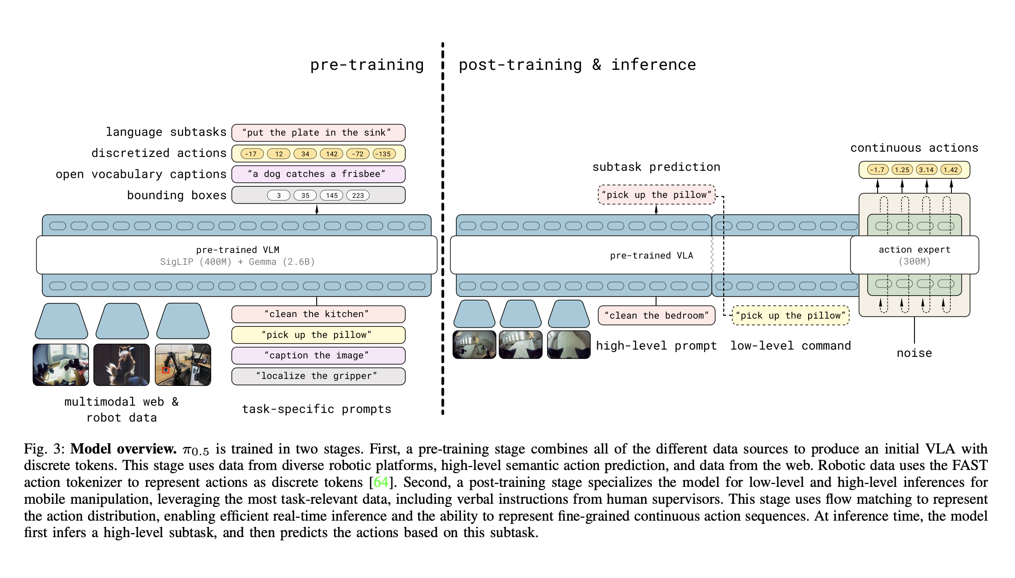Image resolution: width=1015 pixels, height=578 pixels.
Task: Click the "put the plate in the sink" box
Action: tap(318, 132)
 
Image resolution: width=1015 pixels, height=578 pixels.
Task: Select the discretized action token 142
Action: tap(332, 154)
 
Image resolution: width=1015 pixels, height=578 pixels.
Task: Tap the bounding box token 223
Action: tap(358, 195)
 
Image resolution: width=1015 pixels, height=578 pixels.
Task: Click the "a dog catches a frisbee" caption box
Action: tap(318, 174)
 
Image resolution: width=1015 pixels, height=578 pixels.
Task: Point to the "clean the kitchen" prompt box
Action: tap(318, 314)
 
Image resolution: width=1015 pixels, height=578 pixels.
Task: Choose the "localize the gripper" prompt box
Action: tap(318, 376)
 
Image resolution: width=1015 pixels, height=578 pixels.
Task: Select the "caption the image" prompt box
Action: tap(318, 355)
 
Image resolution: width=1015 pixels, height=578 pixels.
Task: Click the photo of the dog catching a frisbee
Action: tap(121, 365)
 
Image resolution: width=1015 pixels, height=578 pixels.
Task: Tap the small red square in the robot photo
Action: tap(166, 370)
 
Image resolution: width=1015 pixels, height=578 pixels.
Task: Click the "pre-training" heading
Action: tap(367, 65)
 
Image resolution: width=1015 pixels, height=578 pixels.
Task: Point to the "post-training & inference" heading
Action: tap(577, 65)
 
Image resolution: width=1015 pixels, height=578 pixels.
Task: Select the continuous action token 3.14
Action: tap(926, 170)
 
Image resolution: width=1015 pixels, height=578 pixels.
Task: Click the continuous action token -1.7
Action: tap(878, 170)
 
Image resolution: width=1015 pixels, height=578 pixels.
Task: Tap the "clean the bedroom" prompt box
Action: tap(657, 316)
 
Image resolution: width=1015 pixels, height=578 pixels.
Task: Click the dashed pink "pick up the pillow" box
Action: tap(657, 195)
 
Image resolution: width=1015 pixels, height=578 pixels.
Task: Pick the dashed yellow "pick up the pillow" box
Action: tap(791, 316)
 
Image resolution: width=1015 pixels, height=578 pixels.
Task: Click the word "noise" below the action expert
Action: tap(914, 353)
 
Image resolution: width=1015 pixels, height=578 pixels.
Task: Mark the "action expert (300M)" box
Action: tap(914, 255)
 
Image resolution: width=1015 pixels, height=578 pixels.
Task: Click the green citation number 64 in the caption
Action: tap(381, 482)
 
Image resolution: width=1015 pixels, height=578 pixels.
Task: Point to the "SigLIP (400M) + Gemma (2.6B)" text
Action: tap(238, 262)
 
